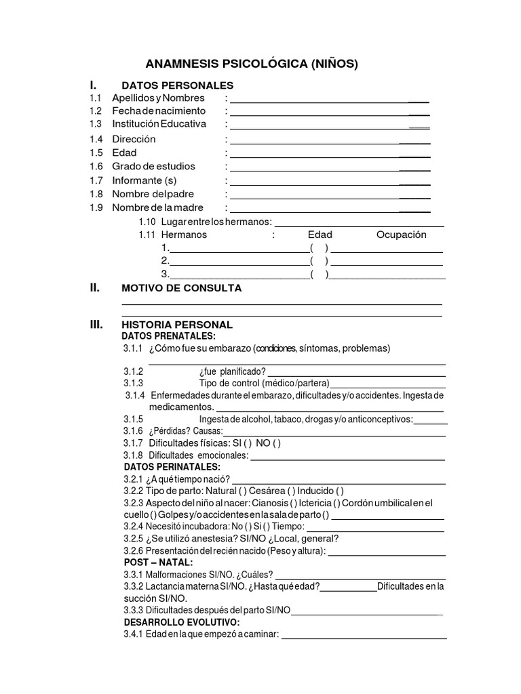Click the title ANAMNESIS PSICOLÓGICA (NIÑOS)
point(252,64)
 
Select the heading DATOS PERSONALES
point(177,85)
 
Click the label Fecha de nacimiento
point(158,110)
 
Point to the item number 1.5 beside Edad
point(96,152)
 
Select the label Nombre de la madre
point(157,207)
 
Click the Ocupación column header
point(401,234)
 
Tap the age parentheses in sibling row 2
point(319,261)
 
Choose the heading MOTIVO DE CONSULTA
point(181,288)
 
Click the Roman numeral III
point(96,325)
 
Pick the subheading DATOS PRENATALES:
point(168,336)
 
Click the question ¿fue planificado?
point(232,372)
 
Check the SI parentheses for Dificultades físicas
point(246,443)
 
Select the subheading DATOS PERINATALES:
point(172,468)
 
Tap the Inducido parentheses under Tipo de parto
point(339,491)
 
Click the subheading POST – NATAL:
point(158,563)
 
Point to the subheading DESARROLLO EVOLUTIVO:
point(181,622)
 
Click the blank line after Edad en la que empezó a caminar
point(364,636)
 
